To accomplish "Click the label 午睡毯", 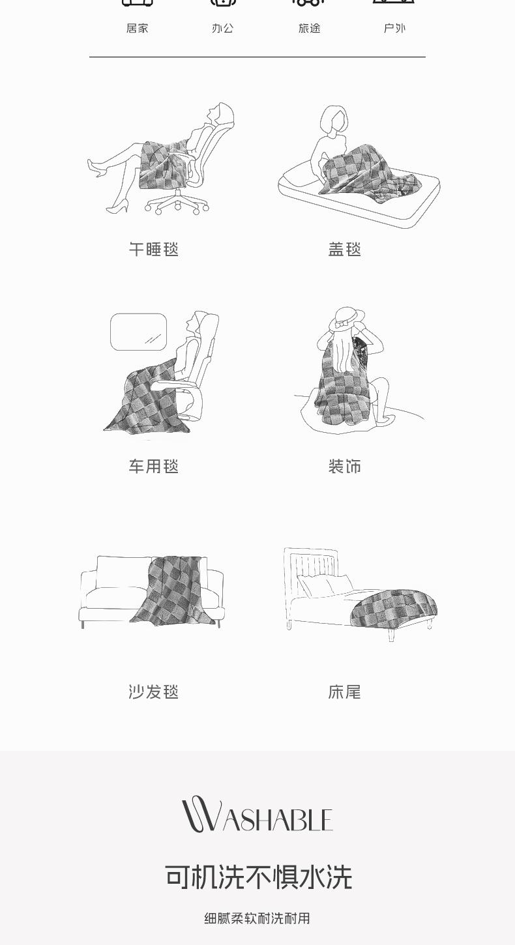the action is [154, 250].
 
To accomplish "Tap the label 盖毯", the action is [344, 250].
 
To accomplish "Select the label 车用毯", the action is [154, 466].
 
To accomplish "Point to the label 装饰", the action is [344, 466].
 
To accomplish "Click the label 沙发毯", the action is [154, 692].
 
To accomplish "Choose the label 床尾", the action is [344, 692].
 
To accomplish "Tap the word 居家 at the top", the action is [137, 28].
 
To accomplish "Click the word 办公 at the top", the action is [222, 28].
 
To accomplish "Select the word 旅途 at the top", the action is [310, 28].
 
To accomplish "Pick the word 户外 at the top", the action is [394, 28].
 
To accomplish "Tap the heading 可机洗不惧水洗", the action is [258, 877].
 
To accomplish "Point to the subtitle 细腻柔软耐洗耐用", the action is [257, 918].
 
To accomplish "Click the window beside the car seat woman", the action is [138, 332].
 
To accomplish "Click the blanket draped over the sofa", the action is [173, 590].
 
